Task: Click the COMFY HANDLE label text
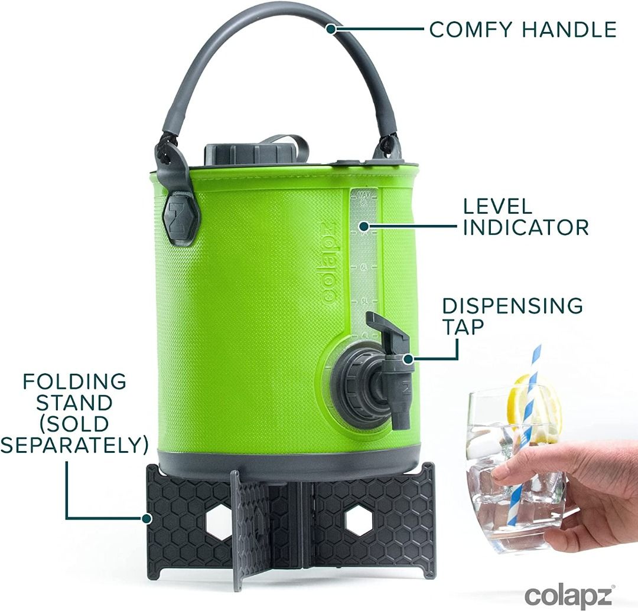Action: (x=522, y=29)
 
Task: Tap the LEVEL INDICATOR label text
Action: (x=525, y=217)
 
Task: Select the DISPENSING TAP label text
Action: (x=512, y=315)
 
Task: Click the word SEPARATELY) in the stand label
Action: (x=74, y=445)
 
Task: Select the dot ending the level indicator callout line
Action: (x=364, y=226)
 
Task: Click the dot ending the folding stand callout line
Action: (x=145, y=519)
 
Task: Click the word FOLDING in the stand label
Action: (x=74, y=381)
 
